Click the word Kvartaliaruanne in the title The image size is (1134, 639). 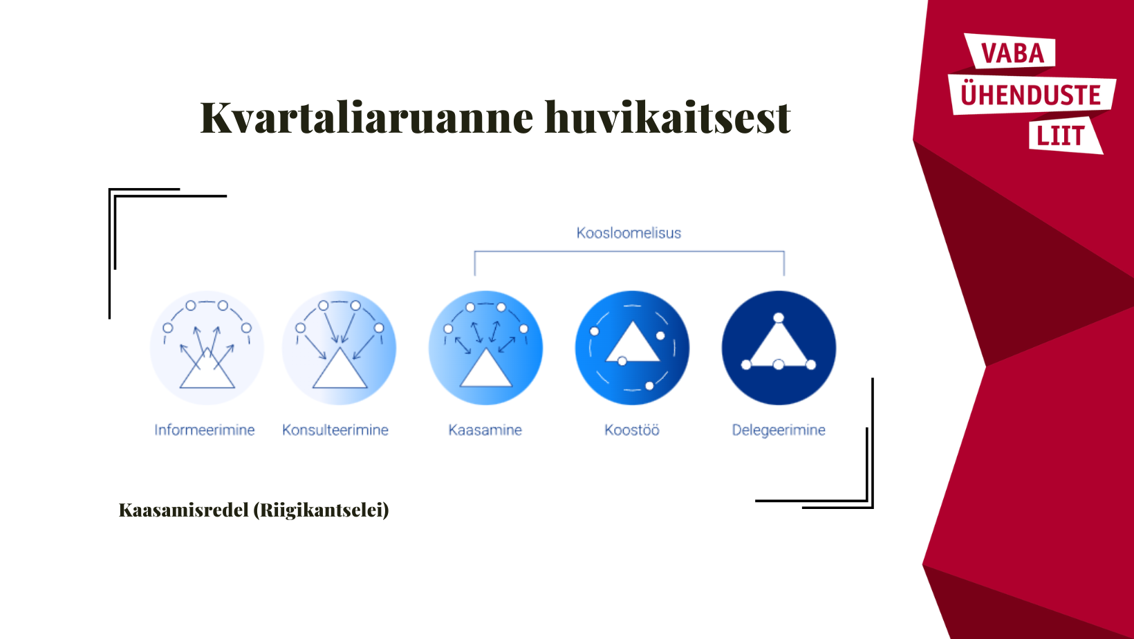(367, 118)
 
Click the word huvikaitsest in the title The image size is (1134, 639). (668, 118)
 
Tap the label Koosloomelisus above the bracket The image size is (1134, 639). (629, 233)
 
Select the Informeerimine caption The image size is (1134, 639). (205, 430)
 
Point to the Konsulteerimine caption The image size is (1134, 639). (335, 430)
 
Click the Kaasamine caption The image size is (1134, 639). (485, 430)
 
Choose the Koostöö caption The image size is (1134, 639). (632, 430)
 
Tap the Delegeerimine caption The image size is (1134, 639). (779, 430)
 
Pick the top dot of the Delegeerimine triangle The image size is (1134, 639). (779, 318)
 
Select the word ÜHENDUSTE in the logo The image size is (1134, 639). (1031, 95)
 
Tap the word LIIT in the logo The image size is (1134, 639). (1061, 136)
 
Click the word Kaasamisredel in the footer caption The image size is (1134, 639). (184, 510)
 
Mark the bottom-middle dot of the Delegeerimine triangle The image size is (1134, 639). (779, 364)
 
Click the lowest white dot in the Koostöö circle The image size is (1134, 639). (649, 387)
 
